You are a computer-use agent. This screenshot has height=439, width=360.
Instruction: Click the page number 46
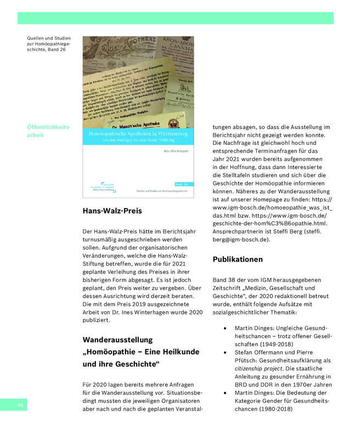(20, 405)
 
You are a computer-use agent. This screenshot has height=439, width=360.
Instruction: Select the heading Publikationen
(238, 259)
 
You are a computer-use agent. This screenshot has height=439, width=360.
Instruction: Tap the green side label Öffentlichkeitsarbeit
(48, 131)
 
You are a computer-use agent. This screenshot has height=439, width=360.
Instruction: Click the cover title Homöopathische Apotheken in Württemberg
(138, 134)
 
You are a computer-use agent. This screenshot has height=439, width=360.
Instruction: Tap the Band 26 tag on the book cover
(181, 184)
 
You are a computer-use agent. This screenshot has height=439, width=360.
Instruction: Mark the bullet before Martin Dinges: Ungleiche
(227, 328)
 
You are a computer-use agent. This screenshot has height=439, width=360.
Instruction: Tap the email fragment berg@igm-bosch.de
(241, 239)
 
